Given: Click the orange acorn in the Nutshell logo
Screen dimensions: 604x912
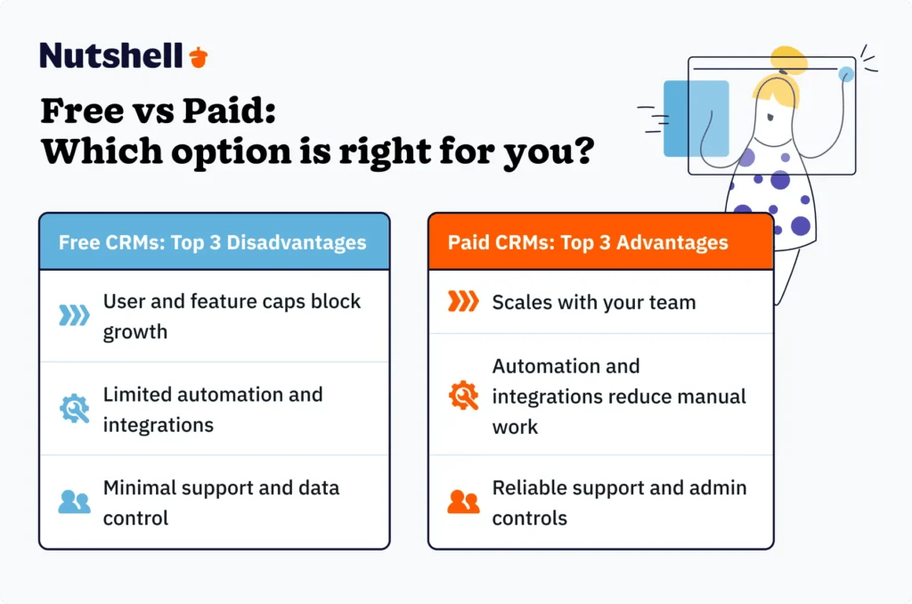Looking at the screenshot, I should point(198,57).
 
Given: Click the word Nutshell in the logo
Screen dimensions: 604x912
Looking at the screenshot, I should point(111,56).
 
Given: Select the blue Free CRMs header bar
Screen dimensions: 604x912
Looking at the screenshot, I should point(214,241).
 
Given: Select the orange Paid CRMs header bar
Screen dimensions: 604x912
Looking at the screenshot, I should point(600,241).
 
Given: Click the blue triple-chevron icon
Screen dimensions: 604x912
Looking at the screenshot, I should point(74,315).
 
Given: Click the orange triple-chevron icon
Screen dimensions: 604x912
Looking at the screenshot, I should point(462,302).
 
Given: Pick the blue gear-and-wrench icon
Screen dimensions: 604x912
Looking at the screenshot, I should point(74,409).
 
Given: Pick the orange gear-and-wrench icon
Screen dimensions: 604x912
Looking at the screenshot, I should point(462,396).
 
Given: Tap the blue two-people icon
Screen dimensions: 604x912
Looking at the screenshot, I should point(74,502).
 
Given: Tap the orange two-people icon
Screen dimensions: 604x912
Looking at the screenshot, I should point(462,502).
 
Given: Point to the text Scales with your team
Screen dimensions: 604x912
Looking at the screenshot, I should point(593,302).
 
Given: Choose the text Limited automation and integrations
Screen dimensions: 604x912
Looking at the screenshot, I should point(212,409).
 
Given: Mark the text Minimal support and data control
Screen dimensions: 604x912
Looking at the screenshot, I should point(220,502).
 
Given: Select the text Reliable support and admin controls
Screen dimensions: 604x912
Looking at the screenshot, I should point(619,502).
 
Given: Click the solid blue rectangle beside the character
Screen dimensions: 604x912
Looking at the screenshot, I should point(696,118).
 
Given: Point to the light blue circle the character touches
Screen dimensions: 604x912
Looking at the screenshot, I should point(845,74).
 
